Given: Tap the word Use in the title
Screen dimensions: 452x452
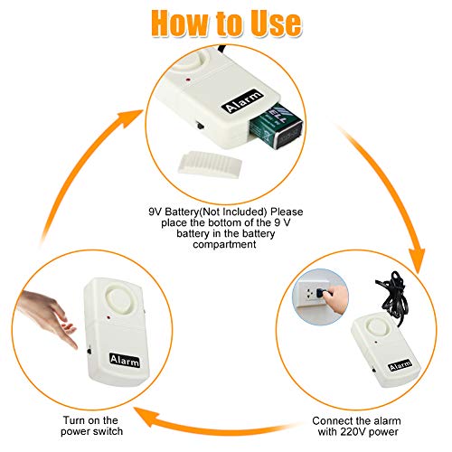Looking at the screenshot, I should tap(272, 22).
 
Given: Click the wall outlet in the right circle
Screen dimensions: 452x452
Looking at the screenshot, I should tap(311, 293).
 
